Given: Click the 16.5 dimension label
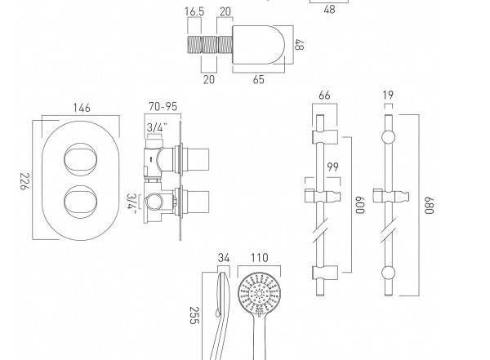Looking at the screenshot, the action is click(194, 11).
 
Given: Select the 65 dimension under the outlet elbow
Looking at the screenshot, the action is click(258, 79).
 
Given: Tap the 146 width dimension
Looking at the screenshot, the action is click(82, 108).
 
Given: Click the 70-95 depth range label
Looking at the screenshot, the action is click(163, 107).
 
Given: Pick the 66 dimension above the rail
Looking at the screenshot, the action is click(324, 95).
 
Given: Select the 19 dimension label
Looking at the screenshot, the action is click(388, 95).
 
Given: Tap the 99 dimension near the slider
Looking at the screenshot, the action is click(332, 167).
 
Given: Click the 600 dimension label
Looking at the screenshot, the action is click(360, 205).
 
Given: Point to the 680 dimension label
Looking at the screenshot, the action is click(430, 206).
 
